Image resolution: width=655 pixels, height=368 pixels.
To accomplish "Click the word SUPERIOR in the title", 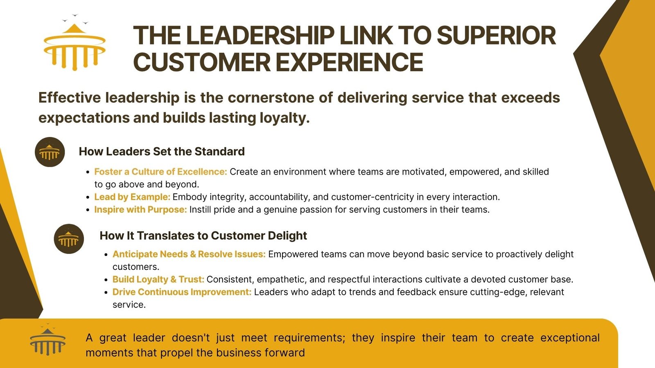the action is tap(496, 36).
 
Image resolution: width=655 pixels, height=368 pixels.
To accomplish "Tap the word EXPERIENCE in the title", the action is tap(350, 62).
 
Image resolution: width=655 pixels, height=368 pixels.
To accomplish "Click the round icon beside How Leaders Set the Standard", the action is tap(50, 152).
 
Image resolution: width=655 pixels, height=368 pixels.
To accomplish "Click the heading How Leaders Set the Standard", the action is tap(162, 152).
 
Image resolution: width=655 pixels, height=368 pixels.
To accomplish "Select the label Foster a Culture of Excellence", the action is tap(160, 172).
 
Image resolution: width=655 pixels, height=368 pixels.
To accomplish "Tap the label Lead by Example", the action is tap(132, 197).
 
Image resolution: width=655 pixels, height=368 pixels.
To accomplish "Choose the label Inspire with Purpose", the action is tap(140, 210).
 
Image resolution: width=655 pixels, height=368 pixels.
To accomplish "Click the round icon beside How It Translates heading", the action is tap(69, 239).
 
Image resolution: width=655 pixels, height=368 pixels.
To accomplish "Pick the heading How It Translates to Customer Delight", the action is tap(203, 236).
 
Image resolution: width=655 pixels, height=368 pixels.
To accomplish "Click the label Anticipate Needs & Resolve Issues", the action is tap(189, 254).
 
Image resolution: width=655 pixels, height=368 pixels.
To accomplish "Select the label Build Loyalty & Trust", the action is tap(158, 280).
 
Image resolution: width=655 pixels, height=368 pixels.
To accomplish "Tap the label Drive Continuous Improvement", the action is tap(182, 292).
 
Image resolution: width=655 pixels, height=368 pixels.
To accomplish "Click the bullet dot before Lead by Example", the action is tap(88, 197).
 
